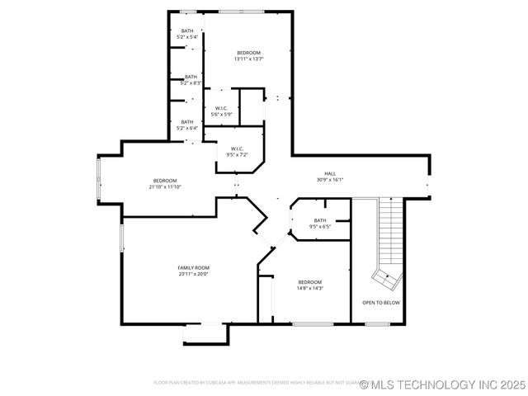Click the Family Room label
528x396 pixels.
194,267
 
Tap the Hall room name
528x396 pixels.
330,173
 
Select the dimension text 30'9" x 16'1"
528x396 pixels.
330,180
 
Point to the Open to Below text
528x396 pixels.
381,303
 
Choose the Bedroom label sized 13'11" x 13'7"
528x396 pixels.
248,53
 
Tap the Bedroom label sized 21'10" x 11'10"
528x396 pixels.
165,181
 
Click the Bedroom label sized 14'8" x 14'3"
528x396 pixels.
310,282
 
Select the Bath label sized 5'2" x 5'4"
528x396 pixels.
188,31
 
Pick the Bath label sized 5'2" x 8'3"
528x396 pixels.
191,77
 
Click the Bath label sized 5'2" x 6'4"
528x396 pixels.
188,122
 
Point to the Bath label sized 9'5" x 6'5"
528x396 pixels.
320,220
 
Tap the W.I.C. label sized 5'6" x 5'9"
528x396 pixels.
222,108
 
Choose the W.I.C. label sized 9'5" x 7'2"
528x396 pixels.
237,148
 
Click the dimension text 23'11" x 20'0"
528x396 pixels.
194,274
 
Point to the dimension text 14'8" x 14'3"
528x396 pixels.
310,289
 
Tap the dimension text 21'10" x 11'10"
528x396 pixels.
165,187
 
